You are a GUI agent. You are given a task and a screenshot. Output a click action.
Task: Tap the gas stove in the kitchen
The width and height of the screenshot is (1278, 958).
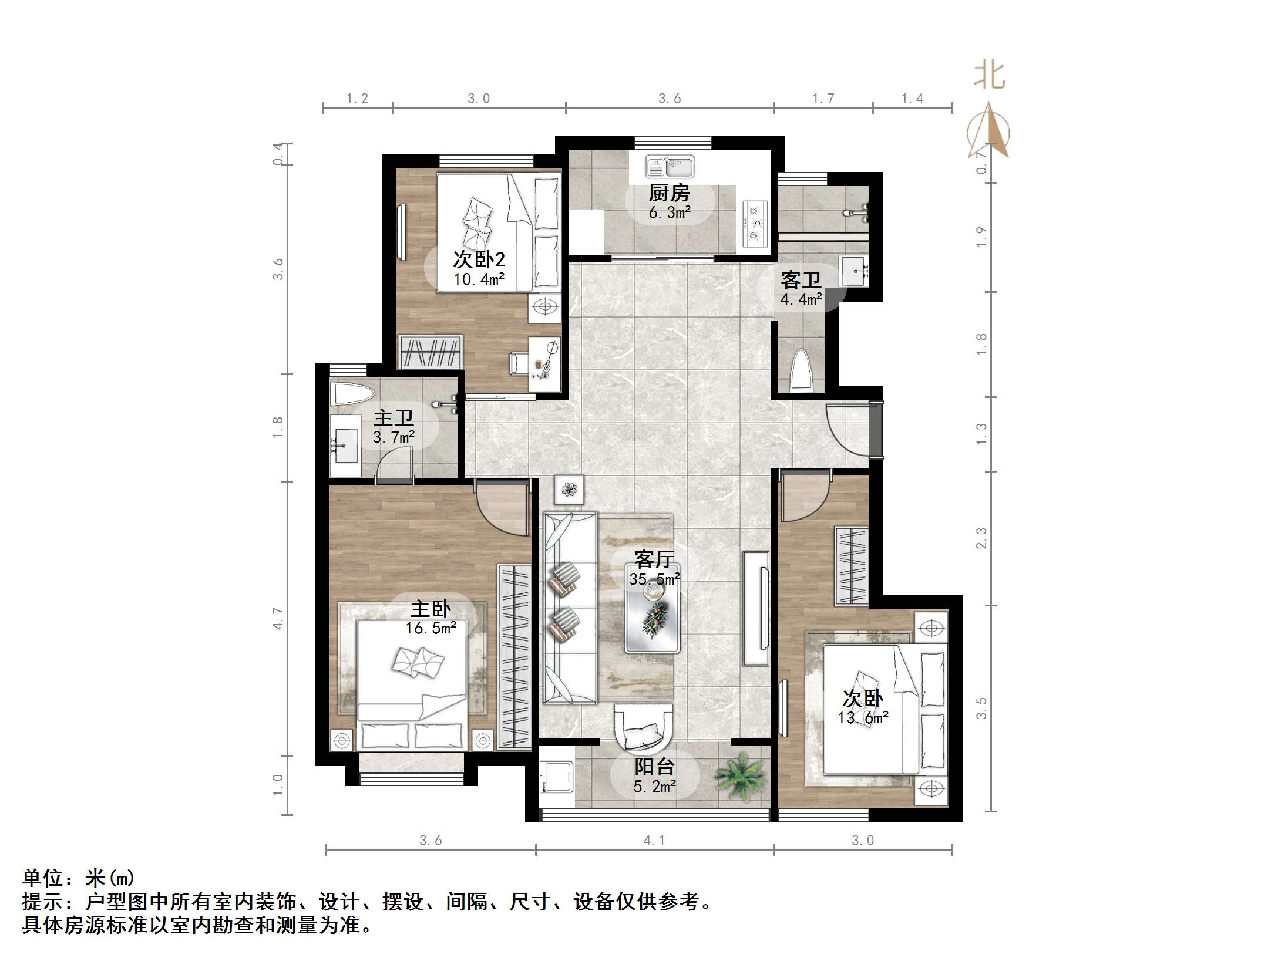click(x=755, y=223)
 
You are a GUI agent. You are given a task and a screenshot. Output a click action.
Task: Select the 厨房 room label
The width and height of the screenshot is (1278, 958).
click(x=670, y=193)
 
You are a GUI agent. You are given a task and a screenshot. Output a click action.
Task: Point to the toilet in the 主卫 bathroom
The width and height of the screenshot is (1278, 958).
click(x=353, y=394)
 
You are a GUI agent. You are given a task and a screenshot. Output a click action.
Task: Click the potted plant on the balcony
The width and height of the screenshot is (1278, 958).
click(x=739, y=777)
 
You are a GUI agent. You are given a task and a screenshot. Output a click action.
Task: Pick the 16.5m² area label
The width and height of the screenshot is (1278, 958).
click(x=431, y=628)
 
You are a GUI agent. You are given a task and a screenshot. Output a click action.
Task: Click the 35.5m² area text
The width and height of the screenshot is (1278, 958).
click(x=655, y=579)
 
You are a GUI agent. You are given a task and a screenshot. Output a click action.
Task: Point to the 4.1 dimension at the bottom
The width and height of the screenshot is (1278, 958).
click(x=654, y=841)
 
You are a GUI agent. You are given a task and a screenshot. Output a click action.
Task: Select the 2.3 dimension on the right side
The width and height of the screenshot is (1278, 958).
click(x=981, y=538)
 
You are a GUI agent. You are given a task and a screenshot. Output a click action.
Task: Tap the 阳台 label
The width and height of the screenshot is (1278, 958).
click(x=654, y=767)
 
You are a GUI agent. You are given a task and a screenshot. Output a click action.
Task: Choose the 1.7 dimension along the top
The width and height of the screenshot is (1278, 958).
click(x=823, y=99)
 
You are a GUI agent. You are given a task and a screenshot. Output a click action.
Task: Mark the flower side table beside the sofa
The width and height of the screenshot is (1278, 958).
click(x=569, y=489)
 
